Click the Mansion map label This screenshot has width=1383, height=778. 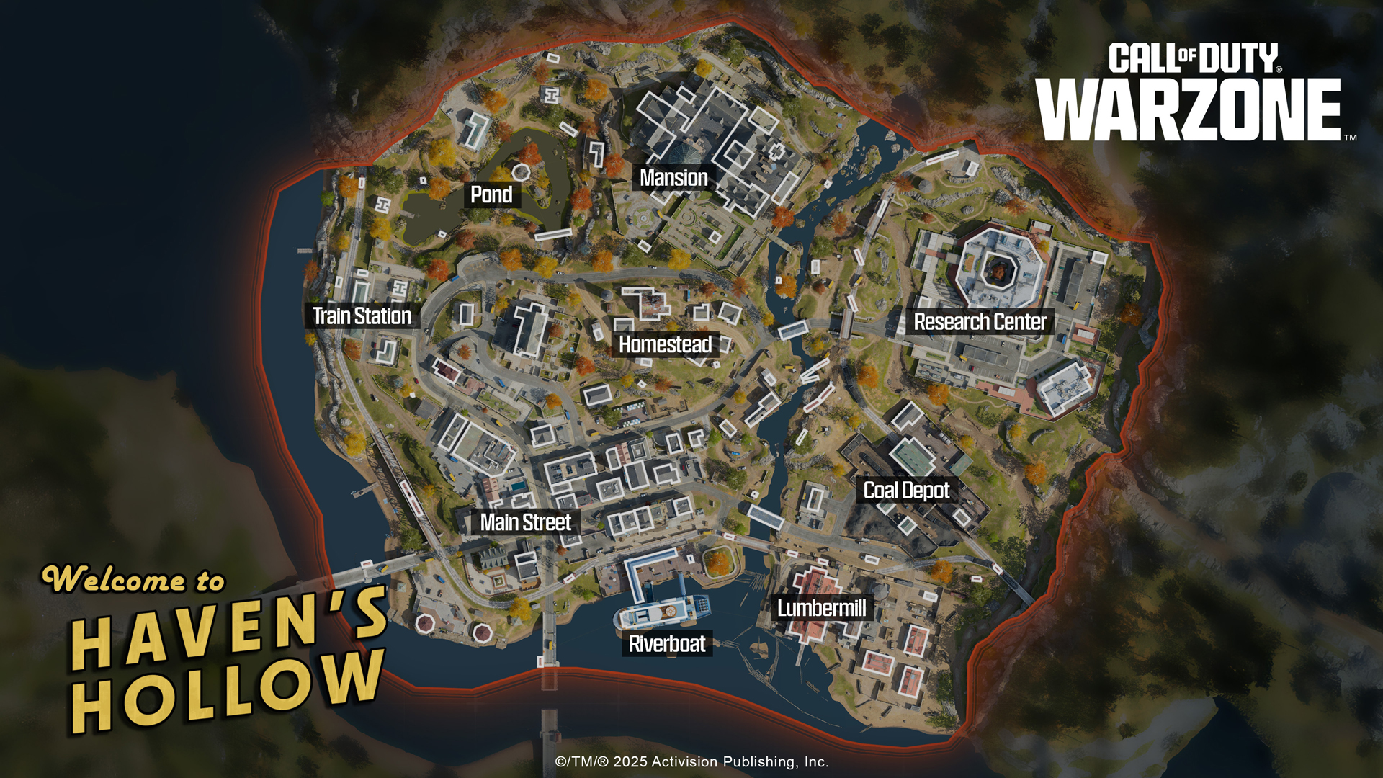click(673, 178)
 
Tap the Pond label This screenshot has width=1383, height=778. click(491, 194)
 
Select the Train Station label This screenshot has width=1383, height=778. click(362, 316)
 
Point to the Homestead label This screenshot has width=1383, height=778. click(665, 345)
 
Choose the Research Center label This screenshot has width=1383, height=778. click(980, 322)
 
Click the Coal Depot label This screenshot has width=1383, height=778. click(906, 491)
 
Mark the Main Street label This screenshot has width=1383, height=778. click(525, 522)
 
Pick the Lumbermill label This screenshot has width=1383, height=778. click(821, 609)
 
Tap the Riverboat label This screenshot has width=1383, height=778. click(667, 644)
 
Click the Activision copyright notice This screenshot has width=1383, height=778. click(691, 762)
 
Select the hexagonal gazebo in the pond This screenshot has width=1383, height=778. click(521, 171)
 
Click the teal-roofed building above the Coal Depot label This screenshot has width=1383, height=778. click(912, 456)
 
